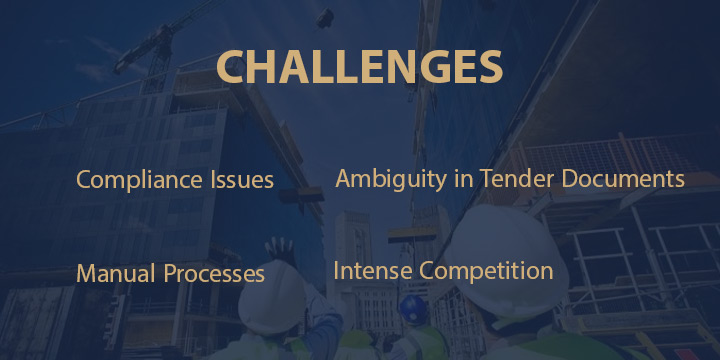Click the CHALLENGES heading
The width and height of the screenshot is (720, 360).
pyautogui.click(x=359, y=67)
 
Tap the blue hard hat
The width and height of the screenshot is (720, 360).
pyautogui.click(x=412, y=307)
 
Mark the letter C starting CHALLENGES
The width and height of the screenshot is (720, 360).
pyautogui.click(x=233, y=67)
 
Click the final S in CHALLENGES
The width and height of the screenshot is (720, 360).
pyautogui.click(x=487, y=67)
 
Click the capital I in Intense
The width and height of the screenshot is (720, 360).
pyautogui.click(x=336, y=270)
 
